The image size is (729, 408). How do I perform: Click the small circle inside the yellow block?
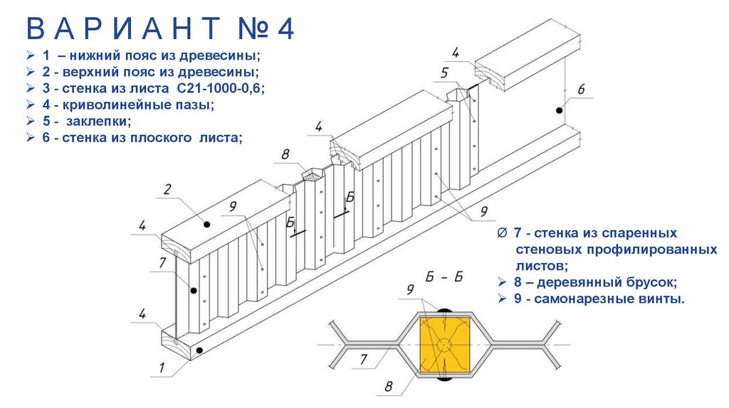(x=444, y=345)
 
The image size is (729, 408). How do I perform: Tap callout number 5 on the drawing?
(x=444, y=73)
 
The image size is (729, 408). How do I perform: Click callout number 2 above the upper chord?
(x=167, y=189)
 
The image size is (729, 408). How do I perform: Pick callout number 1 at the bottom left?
(x=162, y=367)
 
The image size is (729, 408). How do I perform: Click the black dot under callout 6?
(x=559, y=110)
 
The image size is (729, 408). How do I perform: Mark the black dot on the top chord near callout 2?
(x=207, y=224)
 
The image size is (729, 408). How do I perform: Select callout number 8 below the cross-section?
(x=389, y=387)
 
